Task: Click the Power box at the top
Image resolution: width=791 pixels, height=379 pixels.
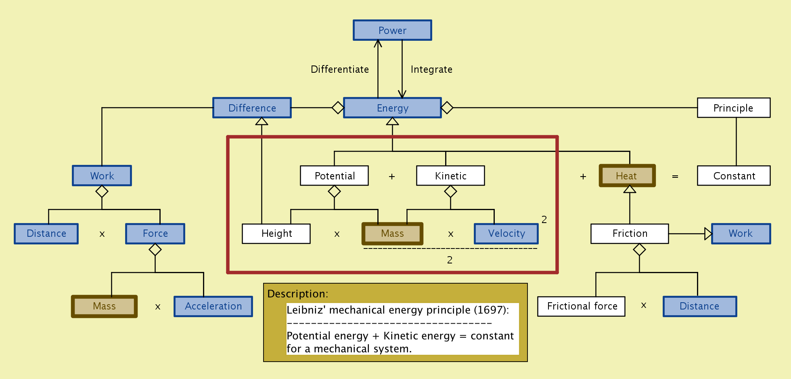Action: [x=392, y=30]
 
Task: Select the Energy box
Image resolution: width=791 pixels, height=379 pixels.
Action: [x=392, y=108]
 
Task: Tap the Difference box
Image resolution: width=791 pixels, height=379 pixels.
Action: [x=252, y=108]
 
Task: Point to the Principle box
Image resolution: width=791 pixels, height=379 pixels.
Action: [x=733, y=108]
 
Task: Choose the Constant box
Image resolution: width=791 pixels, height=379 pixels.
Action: [x=733, y=176]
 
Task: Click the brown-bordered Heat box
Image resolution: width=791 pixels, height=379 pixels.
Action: [x=627, y=176]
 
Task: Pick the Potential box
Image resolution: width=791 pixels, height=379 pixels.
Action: [x=334, y=176]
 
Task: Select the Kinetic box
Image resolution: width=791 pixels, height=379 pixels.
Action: [x=450, y=176]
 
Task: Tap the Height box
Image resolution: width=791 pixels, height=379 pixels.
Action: [x=276, y=234]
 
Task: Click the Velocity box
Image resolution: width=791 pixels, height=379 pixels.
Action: [x=506, y=234]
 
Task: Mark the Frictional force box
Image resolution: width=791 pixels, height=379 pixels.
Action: [x=582, y=306]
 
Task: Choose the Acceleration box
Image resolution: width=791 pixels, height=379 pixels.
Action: [x=213, y=306]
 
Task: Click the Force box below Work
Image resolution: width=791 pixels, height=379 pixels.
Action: [x=155, y=234]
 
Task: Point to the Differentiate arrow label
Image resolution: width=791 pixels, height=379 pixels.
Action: [x=340, y=69]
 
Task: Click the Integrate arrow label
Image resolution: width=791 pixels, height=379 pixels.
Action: [x=431, y=69]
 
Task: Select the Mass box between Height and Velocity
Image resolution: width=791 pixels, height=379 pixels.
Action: [x=392, y=234]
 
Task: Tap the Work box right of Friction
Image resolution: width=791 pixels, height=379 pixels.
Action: [x=741, y=234]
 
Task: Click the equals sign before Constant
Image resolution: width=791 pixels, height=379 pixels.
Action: [x=675, y=177]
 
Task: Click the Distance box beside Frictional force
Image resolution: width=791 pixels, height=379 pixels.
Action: [x=699, y=306]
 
